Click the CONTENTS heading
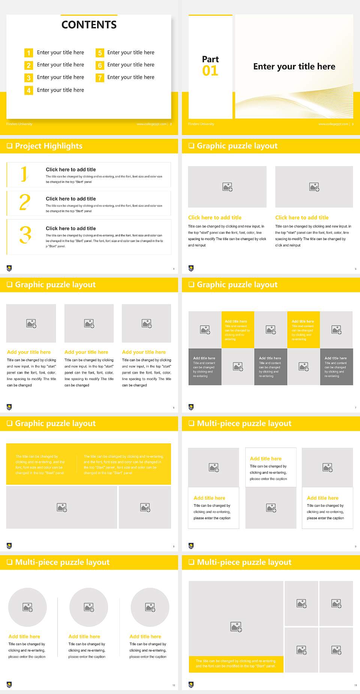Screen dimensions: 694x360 (89, 25)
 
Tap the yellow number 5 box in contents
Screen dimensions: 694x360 (100, 53)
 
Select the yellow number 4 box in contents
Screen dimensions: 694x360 (28, 90)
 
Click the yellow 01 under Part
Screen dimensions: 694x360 (210, 71)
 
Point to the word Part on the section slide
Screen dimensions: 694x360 (210, 59)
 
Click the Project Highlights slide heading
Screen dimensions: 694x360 (49, 146)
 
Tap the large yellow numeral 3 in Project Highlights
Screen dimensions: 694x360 (25, 235)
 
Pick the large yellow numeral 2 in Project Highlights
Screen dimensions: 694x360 (25, 202)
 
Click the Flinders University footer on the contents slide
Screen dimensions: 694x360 (19, 124)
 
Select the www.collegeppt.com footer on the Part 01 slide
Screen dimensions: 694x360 (333, 124)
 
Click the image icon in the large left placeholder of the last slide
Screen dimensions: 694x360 (236, 626)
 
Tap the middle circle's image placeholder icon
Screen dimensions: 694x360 (89, 607)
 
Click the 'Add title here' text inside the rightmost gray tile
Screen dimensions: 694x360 (336, 358)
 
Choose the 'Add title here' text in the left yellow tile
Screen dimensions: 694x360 (236, 321)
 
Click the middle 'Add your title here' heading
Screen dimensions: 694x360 (86, 352)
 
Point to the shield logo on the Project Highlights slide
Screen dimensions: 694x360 (9, 268)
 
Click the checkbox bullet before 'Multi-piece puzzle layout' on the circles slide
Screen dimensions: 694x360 (9, 562)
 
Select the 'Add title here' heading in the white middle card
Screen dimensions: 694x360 (265, 459)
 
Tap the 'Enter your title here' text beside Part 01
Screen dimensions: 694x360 (294, 67)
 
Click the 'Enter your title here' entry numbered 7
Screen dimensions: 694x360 (130, 77)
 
